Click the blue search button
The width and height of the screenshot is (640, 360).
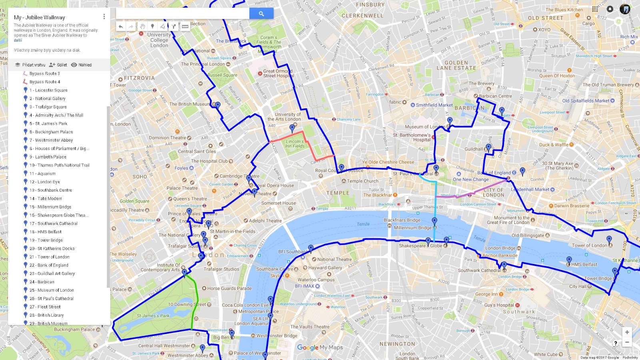click(261, 14)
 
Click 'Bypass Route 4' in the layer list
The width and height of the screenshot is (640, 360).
click(44, 82)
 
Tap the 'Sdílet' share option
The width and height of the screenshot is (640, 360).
click(58, 65)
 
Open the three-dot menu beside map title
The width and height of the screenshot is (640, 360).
click(104, 17)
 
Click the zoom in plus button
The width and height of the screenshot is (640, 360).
click(627, 332)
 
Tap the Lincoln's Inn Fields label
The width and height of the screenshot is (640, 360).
click(295, 144)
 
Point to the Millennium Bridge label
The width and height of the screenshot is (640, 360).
click(412, 228)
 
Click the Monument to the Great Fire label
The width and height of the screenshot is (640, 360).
click(508, 220)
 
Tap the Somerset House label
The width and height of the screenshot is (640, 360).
click(278, 203)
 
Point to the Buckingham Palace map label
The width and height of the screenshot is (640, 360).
click(74, 330)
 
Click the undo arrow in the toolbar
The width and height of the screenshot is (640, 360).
click(120, 26)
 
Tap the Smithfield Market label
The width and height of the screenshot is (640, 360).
click(434, 105)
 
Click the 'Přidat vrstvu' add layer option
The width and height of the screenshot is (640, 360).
click(30, 65)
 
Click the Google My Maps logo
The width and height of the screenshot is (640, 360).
click(320, 348)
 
